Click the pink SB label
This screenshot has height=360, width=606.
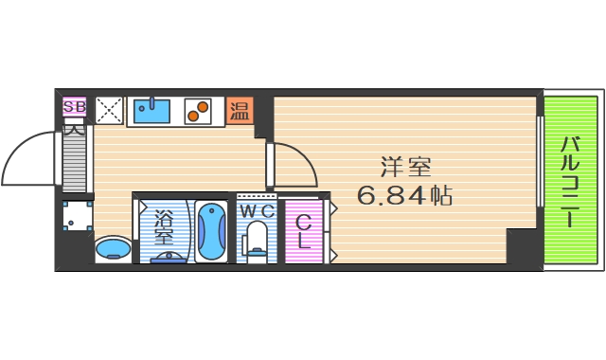point(74,107)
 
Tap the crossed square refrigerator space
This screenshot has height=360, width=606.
point(109,110)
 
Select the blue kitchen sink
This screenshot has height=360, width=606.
point(151,111)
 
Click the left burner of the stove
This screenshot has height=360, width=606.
point(192,117)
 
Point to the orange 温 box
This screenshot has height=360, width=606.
point(240,111)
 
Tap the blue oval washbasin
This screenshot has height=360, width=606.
point(113,249)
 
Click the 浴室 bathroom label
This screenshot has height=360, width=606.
point(164,226)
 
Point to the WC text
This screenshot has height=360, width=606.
point(256,209)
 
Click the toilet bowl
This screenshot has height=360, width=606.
point(257,239)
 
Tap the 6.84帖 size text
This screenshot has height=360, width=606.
point(403,196)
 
